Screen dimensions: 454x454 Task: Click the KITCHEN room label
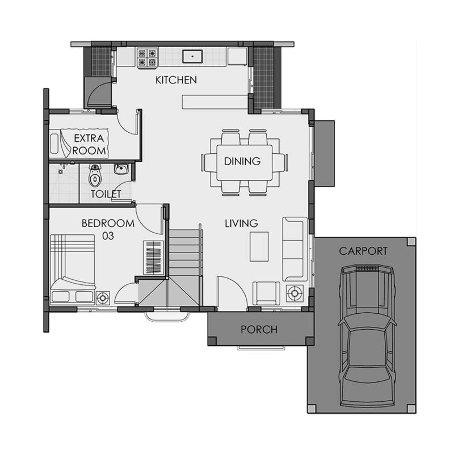[176, 80]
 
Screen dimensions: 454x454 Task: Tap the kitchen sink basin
[192, 56]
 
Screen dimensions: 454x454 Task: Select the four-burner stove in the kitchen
[148, 58]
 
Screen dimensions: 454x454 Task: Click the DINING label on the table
[242, 161]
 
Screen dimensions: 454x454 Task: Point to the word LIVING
[242, 223]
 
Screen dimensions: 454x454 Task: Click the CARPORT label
[363, 251]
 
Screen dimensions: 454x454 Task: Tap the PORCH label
[259, 330]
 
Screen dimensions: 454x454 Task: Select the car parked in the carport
[367, 335]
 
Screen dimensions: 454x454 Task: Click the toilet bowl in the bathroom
[94, 176]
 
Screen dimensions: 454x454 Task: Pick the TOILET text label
[106, 194]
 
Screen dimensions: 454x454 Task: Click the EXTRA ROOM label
[89, 144]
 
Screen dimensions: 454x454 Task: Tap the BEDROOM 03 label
[108, 229]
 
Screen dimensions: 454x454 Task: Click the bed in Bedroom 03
[73, 269]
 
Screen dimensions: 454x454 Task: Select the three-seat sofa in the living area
[295, 249]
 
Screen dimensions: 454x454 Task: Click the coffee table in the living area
[259, 246]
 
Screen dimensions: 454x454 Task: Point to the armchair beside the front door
[266, 293]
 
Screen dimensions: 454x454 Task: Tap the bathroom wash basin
[121, 169]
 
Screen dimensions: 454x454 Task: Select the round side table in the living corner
[295, 293]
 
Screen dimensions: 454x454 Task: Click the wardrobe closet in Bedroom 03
[153, 258]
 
